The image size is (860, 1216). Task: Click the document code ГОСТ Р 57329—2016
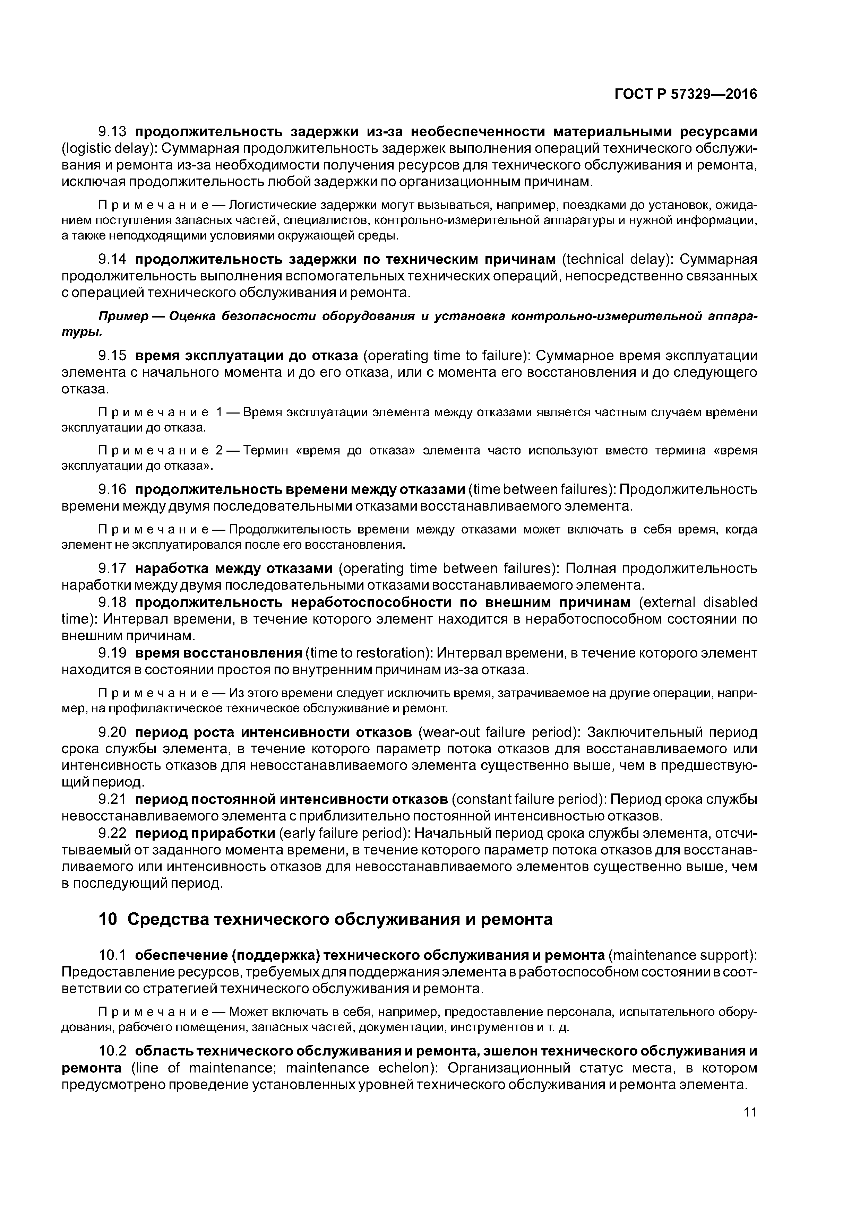[x=686, y=94]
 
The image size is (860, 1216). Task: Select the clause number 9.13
[x=112, y=131]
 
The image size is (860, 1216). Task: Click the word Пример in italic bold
[x=119, y=316]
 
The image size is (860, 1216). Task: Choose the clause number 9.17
[x=112, y=568]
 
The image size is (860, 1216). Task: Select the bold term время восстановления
[x=218, y=653]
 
